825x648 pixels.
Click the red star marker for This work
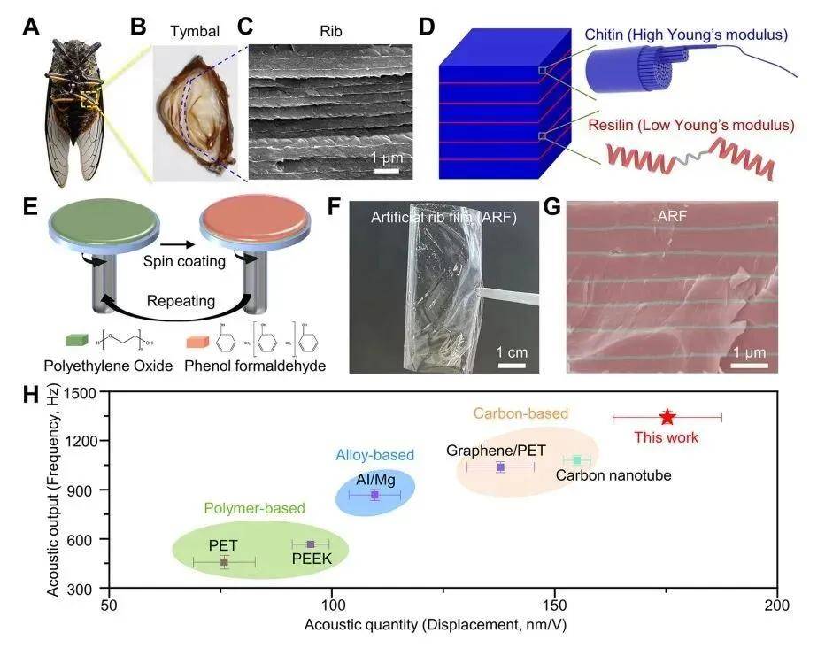[667, 417]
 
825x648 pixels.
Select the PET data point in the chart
[224, 561]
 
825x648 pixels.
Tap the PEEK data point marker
[310, 544]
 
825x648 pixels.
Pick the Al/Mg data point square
[374, 495]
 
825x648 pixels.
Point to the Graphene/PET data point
[500, 467]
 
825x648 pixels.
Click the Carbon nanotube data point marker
[577, 459]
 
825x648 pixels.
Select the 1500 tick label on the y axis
[83, 392]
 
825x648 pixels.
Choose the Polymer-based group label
[254, 508]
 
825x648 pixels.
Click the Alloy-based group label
[374, 455]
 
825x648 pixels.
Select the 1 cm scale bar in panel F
[512, 362]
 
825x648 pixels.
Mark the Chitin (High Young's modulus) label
[686, 35]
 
